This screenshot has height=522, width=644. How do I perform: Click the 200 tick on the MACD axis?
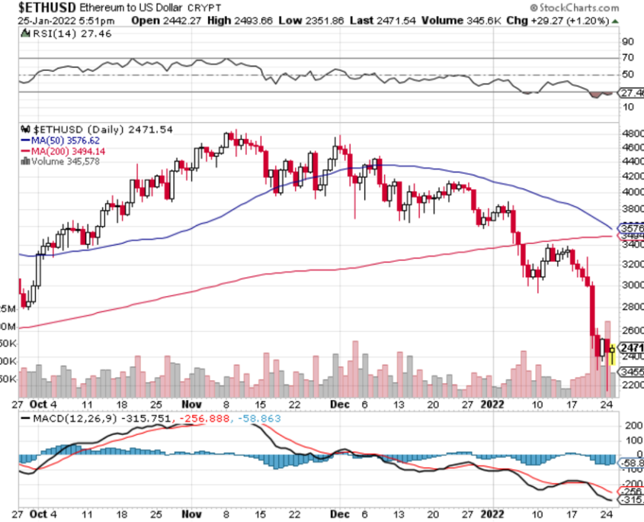click(632, 425)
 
